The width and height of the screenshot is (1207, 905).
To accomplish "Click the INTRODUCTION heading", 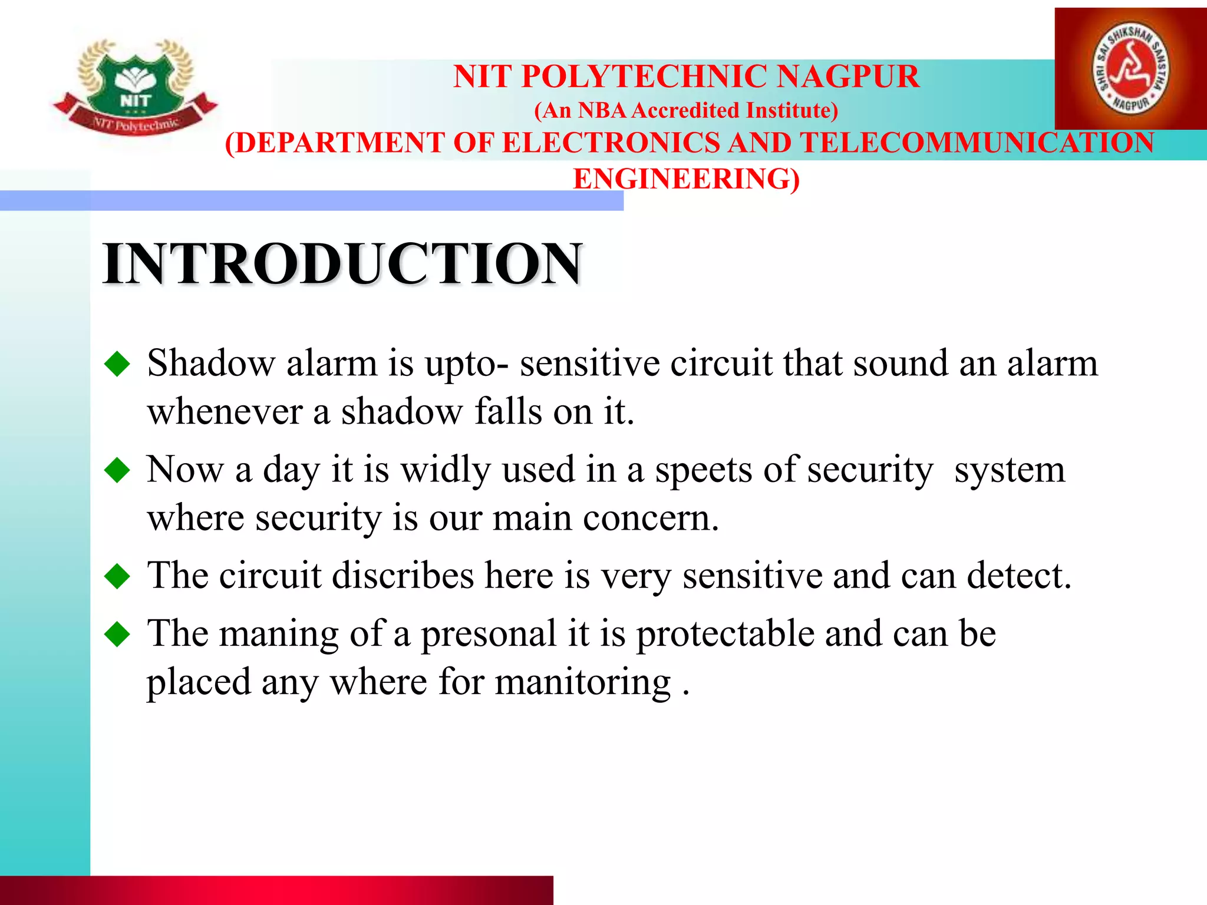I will coord(343,263).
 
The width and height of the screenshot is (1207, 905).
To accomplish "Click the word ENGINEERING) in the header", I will coord(687,179).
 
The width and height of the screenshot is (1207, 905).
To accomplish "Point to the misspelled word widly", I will coord(446,470).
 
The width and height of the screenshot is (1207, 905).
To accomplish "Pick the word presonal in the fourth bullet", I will coord(489,634).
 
